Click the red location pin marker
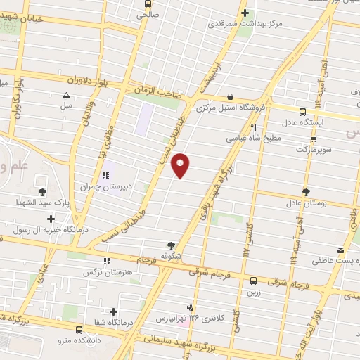181,165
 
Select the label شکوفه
171,257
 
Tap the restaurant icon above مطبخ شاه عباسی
252,128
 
